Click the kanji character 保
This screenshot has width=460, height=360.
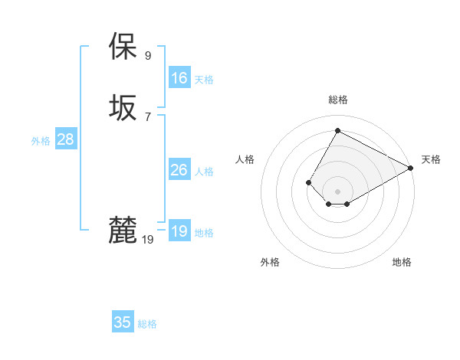pyautogui.click(x=123, y=47)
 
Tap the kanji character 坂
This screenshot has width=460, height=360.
pyautogui.click(x=123, y=108)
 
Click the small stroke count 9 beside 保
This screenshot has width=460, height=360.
pyautogui.click(x=148, y=55)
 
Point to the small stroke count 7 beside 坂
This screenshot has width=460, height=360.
pyautogui.click(x=148, y=116)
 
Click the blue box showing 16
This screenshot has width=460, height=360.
pyautogui.click(x=179, y=78)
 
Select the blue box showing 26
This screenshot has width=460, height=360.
pyautogui.click(x=179, y=170)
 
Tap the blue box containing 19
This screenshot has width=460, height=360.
pyautogui.click(x=179, y=231)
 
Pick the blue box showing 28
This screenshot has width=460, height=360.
pyautogui.click(x=65, y=139)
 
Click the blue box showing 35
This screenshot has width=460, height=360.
pyautogui.click(x=123, y=322)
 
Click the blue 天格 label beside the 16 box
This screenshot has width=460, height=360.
pyautogui.click(x=204, y=80)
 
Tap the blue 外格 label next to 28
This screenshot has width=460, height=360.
pyautogui.click(x=41, y=141)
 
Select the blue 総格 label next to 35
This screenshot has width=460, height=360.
pyautogui.click(x=147, y=324)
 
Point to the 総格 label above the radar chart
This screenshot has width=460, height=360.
pyautogui.click(x=338, y=100)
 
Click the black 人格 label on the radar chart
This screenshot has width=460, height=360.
pyautogui.click(x=245, y=159)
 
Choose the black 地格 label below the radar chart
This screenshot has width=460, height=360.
pyautogui.click(x=402, y=262)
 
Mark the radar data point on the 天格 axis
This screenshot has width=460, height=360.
pyautogui.click(x=411, y=168)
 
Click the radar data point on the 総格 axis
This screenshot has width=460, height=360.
pyautogui.click(x=337, y=131)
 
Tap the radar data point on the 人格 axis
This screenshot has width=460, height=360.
pyautogui.click(x=309, y=182)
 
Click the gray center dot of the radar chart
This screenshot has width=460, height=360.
pyautogui.click(x=337, y=191)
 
